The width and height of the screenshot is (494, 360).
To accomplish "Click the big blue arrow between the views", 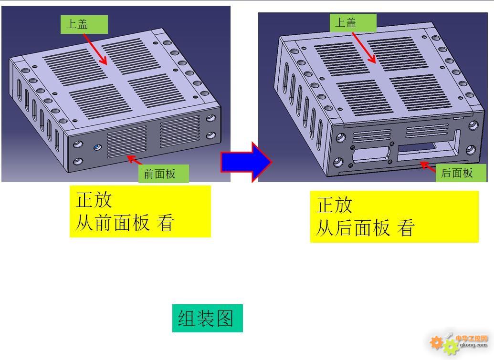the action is click(x=246, y=162).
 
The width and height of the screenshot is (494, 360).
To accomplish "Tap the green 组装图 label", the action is click(x=207, y=318).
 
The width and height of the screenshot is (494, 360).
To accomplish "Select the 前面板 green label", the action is click(x=164, y=174).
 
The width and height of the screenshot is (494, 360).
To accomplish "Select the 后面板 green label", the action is click(x=461, y=173).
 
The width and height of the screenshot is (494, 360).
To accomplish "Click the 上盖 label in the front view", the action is click(x=84, y=24).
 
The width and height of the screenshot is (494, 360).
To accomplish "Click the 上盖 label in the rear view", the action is click(x=353, y=23).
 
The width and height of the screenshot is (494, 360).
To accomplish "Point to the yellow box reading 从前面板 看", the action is click(x=140, y=211).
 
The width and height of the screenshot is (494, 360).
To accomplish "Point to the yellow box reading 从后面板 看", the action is click(x=394, y=216).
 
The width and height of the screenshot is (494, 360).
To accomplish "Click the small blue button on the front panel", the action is click(x=97, y=147).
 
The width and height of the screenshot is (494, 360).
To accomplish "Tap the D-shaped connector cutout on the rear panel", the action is click(x=371, y=155).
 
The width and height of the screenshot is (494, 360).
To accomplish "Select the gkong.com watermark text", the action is click(x=473, y=345).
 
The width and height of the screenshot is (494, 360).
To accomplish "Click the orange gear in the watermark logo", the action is click(x=436, y=342).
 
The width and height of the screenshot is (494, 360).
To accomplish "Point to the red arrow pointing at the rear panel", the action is click(x=428, y=166).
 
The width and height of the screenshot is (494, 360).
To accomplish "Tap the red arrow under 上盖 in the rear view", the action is click(x=364, y=48).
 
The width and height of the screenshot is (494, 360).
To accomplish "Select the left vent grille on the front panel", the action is click(x=126, y=142).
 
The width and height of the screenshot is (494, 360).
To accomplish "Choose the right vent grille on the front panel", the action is click(x=180, y=132).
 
